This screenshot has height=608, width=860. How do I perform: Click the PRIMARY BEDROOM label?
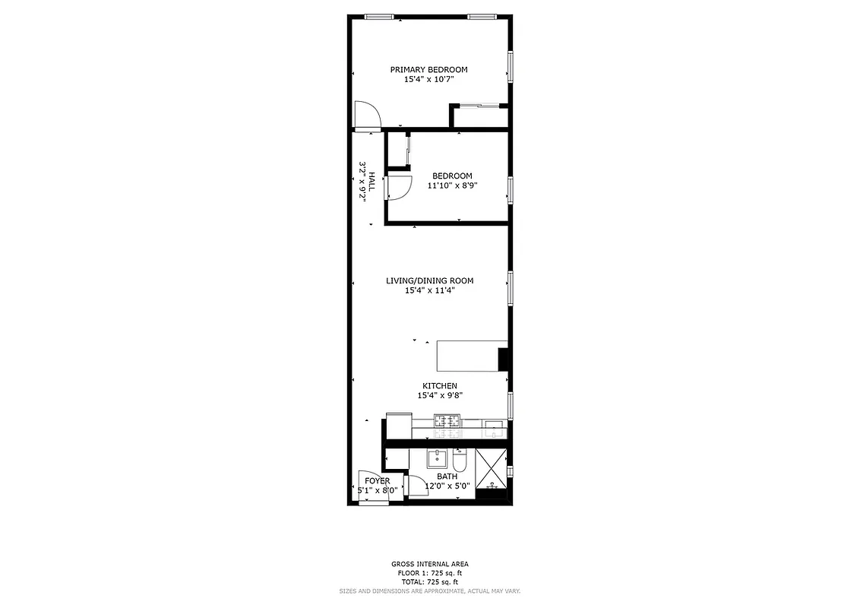428,70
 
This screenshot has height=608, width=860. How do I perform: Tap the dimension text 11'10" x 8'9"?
453,185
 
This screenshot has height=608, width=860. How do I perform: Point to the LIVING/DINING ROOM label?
429,280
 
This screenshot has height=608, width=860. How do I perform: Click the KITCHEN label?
440,386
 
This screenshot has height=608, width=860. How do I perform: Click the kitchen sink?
494,426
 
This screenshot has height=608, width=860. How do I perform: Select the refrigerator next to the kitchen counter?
399,425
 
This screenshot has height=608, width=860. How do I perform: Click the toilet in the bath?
460,461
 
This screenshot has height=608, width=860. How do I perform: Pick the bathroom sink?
437,459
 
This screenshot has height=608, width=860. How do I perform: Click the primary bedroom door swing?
366,115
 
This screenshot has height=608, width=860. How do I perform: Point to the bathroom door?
418,486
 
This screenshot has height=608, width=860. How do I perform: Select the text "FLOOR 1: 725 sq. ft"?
429,572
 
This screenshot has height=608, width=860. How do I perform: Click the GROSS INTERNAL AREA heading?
429,564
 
